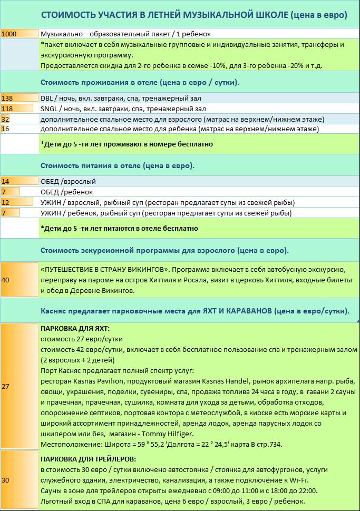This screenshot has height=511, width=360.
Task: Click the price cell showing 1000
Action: (9, 34)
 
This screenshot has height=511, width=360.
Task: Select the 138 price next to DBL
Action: (7, 98)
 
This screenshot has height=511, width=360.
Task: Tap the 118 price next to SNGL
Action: (7, 109)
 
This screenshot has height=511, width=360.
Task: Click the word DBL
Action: (47, 98)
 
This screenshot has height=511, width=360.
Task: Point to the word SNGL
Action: (49, 109)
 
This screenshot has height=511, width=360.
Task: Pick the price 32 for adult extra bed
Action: (6, 119)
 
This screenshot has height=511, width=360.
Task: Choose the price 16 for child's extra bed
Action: (6, 129)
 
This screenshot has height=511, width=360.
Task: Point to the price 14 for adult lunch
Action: (6, 181)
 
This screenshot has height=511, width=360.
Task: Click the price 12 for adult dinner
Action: (6, 202)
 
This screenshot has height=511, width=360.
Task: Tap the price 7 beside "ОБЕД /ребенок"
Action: (4, 192)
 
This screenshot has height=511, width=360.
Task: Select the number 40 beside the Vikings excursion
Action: (6, 280)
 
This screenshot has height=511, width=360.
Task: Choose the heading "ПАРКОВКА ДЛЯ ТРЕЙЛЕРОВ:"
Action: (88, 459)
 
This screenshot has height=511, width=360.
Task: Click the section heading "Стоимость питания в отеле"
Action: (90, 165)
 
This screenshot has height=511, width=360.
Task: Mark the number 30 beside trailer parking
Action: (6, 480)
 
